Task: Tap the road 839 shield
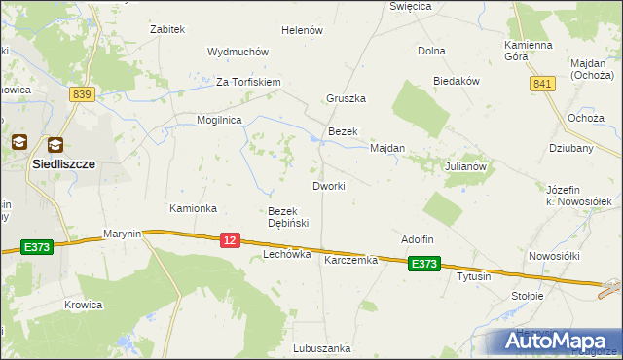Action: click(x=82, y=93)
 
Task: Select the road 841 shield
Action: click(x=542, y=85)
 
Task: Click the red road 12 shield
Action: click(x=230, y=239)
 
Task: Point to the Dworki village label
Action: click(x=328, y=185)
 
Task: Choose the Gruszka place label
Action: click(x=346, y=99)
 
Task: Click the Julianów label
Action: click(x=464, y=166)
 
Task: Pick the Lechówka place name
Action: click(x=286, y=254)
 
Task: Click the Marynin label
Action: click(x=123, y=234)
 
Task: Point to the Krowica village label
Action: click(x=84, y=305)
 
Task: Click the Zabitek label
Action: click(x=167, y=29)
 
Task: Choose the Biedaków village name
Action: click(x=457, y=82)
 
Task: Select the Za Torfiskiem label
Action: click(x=248, y=82)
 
